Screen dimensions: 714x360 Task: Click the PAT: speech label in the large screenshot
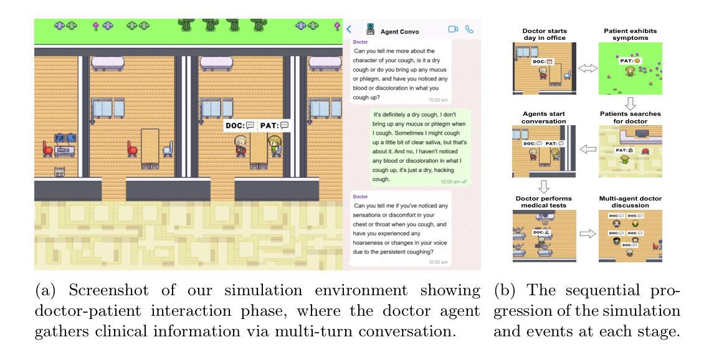[x=274, y=126]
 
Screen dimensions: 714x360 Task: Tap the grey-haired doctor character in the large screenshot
[x=240, y=147]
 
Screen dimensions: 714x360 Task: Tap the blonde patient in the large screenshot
[x=272, y=148]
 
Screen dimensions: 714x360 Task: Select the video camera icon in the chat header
[x=452, y=29]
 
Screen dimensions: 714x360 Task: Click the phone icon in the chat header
[x=469, y=29]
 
